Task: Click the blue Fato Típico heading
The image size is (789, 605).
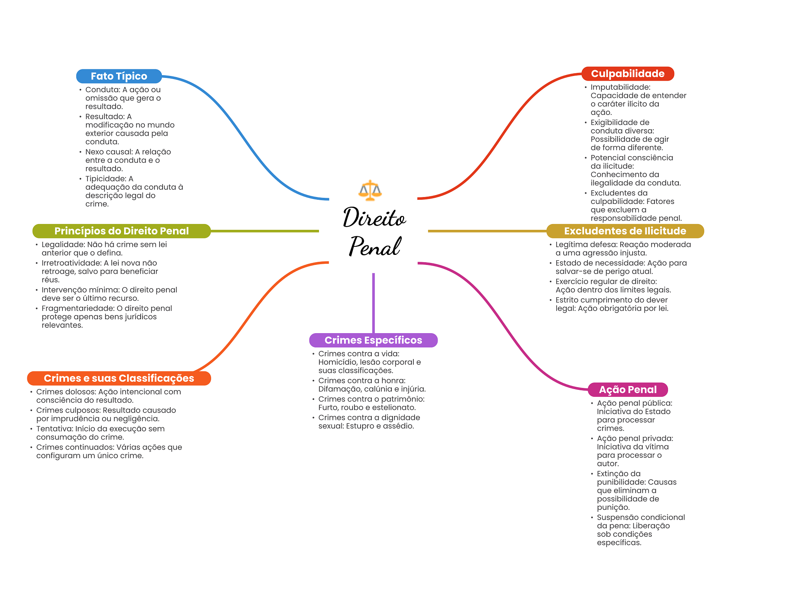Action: [x=119, y=76]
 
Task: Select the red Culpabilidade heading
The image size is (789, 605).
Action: [x=628, y=74]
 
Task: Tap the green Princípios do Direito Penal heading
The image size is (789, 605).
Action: [x=121, y=231]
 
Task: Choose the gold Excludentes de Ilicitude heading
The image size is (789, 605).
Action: [x=625, y=231]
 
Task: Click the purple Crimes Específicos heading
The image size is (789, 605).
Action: [x=373, y=340]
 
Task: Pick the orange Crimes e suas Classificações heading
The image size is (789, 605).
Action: [x=119, y=378]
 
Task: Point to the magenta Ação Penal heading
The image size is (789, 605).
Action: [x=628, y=389]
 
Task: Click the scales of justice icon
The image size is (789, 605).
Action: [x=370, y=190]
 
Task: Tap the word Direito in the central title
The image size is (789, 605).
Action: [x=374, y=217]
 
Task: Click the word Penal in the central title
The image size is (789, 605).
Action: [x=375, y=246]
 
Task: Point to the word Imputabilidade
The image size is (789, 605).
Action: [x=619, y=87]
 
